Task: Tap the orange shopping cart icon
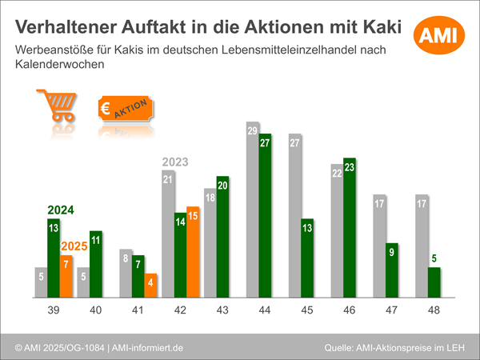[57, 107]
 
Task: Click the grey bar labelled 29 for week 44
[252, 210]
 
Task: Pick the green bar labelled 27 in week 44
[266, 214]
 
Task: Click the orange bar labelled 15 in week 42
[193, 251]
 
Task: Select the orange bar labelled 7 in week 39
[66, 275]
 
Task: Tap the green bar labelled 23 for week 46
[350, 227]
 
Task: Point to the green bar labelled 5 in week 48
[434, 282]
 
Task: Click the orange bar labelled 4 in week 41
[151, 285]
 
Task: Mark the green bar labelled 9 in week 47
[392, 270]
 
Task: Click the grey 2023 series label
[174, 162]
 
